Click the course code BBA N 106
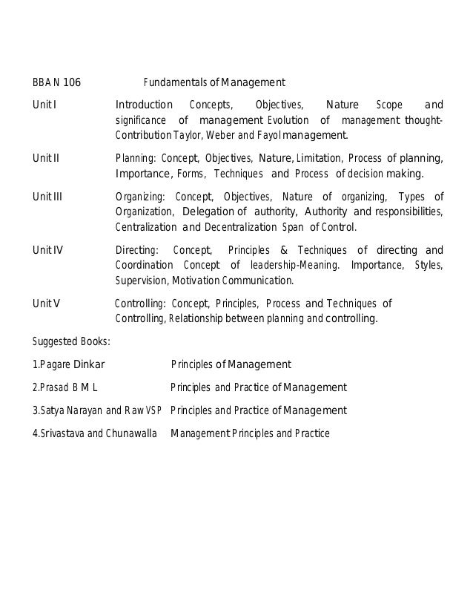tap(56, 82)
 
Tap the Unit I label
tap(44, 105)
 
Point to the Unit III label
tap(47, 197)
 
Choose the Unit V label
tap(46, 304)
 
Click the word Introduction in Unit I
tap(144, 105)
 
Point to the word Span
tap(291, 227)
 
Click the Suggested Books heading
tap(71, 342)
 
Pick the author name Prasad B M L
tap(67, 387)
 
